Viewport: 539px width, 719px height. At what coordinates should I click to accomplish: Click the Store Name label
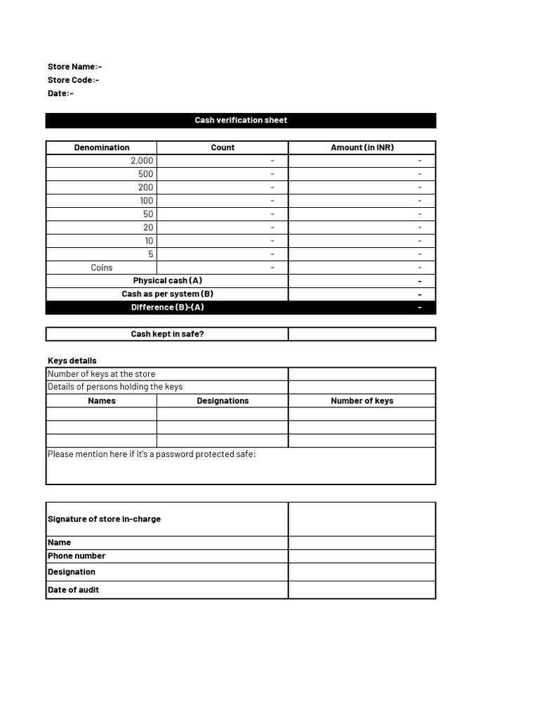point(74,67)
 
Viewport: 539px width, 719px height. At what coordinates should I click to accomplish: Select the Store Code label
point(73,80)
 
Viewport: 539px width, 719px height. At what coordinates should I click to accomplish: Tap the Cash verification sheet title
point(241,120)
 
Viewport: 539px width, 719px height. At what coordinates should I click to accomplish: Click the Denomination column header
point(102,147)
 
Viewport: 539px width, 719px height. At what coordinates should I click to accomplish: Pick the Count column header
point(222,147)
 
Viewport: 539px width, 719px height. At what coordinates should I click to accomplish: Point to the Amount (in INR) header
point(362,147)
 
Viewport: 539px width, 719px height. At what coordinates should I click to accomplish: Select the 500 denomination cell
point(145,174)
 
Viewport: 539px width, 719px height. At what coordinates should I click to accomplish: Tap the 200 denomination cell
point(145,187)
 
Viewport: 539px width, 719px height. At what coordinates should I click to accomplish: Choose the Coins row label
point(102,268)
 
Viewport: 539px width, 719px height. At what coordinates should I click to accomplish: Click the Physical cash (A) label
point(168,281)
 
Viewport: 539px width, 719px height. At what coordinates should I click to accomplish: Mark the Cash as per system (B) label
point(168,294)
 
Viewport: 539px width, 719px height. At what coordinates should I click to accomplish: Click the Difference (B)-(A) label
point(168,308)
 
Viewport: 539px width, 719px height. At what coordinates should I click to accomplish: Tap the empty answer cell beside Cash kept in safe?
point(362,334)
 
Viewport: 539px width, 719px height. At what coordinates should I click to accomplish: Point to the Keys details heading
point(72,361)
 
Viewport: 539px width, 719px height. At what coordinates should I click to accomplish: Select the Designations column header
point(222,401)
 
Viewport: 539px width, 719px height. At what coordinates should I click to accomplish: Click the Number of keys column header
point(362,401)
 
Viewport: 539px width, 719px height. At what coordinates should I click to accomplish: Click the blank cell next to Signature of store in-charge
point(362,519)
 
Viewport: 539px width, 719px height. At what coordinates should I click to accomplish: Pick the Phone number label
point(76,556)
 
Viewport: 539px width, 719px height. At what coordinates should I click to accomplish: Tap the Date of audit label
point(73,590)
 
